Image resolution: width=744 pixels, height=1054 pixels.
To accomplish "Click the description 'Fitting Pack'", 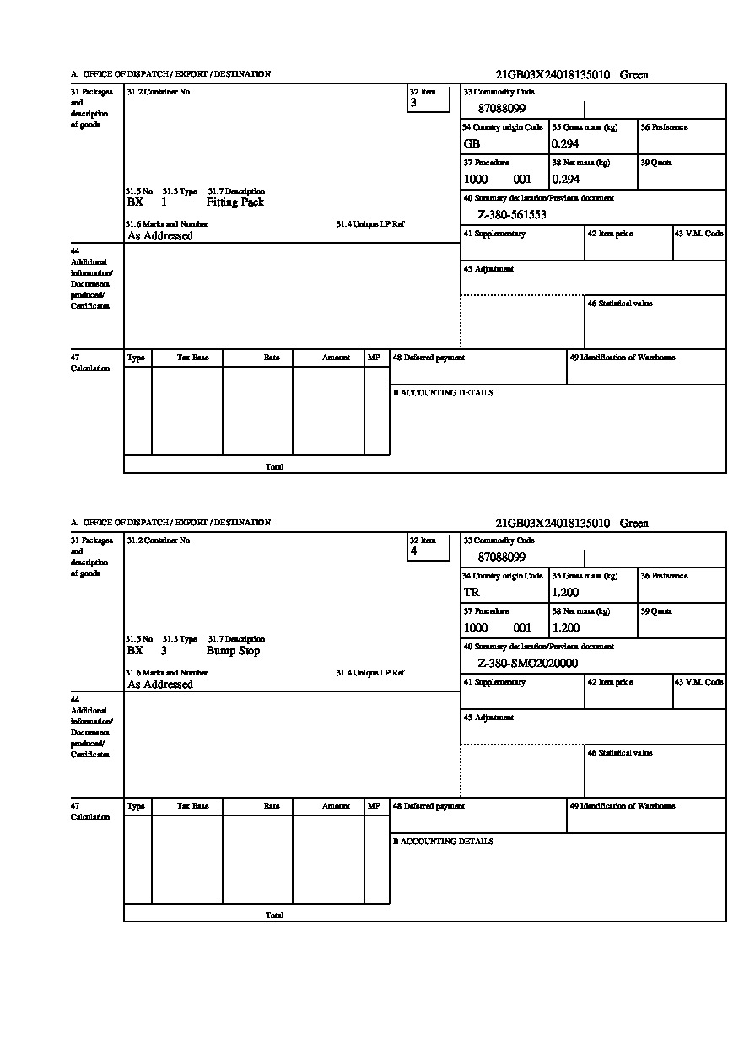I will click(235, 202).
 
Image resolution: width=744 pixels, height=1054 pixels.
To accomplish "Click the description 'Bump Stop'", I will click(233, 651).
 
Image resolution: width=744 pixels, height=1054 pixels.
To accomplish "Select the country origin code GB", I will click(472, 143).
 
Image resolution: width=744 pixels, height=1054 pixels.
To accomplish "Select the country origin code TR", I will click(472, 592).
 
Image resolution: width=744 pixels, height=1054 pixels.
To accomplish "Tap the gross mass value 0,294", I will click(565, 143).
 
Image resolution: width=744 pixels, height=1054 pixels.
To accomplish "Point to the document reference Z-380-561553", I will click(512, 215).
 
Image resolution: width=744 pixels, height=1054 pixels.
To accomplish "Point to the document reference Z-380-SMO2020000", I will click(527, 664).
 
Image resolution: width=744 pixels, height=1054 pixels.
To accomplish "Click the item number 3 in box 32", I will click(413, 103).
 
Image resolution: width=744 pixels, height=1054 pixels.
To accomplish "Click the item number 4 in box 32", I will click(413, 551).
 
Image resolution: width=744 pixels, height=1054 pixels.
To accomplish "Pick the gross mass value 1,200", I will click(565, 592).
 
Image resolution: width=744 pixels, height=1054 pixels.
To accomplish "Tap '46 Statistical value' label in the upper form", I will click(619, 304).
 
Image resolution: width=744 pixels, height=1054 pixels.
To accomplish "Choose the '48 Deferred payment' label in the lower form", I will click(429, 806).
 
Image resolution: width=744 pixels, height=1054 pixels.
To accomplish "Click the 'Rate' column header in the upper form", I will click(271, 358).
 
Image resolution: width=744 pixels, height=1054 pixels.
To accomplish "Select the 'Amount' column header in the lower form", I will click(336, 806).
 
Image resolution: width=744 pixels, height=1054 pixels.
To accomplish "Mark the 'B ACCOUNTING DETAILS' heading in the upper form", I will click(443, 393).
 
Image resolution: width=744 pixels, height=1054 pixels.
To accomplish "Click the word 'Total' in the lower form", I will click(274, 916).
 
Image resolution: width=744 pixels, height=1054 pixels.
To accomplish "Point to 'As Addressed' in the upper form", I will click(160, 236).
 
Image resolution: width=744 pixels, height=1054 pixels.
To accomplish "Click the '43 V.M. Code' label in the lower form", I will click(698, 682).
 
